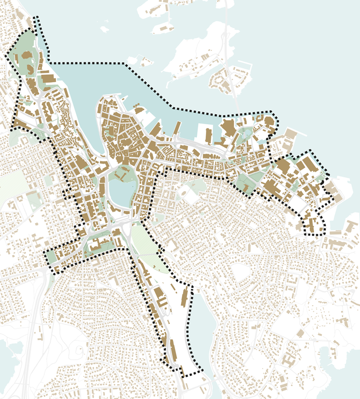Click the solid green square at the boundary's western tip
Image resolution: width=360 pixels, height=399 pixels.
tap(50, 257)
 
